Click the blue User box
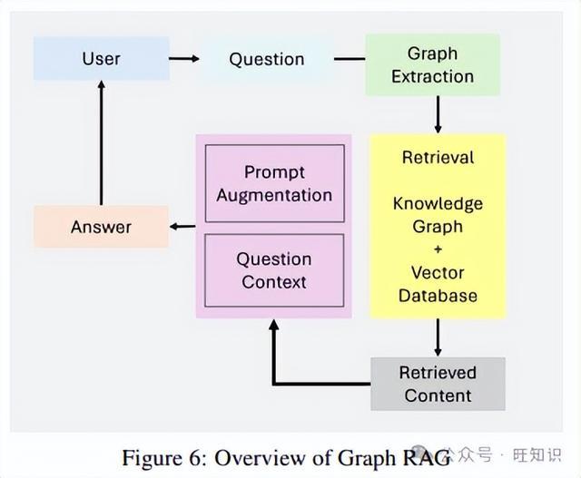[x=102, y=58]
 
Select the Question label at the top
[x=267, y=59]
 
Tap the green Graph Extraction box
[x=432, y=64]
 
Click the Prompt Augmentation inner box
[x=274, y=183]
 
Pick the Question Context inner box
[x=274, y=270]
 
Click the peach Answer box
[x=101, y=227]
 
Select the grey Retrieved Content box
[x=438, y=384]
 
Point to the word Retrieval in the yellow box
[x=438, y=157]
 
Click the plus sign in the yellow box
[x=438, y=249]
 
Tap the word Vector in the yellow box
[x=438, y=273]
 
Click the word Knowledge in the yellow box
[x=438, y=204]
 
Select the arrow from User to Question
[x=184, y=58]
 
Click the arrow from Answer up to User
[x=101, y=143]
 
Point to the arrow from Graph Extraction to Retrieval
[x=438, y=114]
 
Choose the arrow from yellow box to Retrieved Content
[x=438, y=337]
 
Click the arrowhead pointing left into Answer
[x=173, y=227]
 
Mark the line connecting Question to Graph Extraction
[x=350, y=58]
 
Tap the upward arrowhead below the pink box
[x=274, y=325]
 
